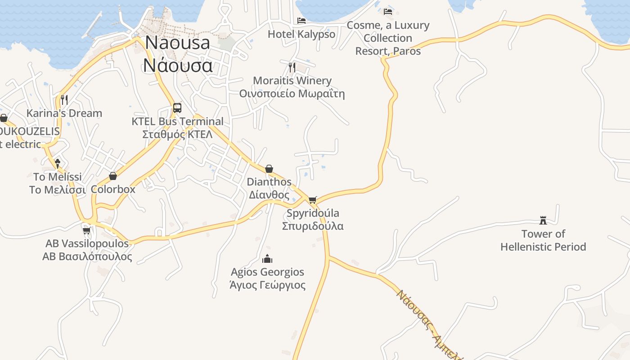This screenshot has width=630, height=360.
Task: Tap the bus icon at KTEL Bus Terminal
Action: [x=177, y=108]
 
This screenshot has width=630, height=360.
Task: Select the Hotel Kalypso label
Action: [x=301, y=34]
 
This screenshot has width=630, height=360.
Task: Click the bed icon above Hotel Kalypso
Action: [x=301, y=20]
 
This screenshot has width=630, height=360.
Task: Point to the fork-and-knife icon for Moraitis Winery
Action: [x=292, y=67]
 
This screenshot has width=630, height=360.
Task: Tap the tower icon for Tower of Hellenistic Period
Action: [x=543, y=220]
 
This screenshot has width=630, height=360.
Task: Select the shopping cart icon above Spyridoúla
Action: [x=313, y=200]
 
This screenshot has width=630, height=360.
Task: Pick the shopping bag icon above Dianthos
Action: [x=269, y=169]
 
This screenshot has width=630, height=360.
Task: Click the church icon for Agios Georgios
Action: [x=267, y=259]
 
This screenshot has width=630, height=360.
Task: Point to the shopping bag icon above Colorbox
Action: [x=113, y=176]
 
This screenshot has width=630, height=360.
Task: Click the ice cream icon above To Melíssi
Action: [x=58, y=163]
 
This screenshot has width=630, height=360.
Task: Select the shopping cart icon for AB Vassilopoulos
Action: [x=87, y=230]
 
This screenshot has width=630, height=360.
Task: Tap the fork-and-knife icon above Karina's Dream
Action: [x=64, y=99]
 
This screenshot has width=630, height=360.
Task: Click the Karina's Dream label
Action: [x=64, y=113]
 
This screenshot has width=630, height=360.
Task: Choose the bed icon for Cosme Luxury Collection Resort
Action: [x=388, y=11]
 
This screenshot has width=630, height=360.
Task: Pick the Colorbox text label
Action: [x=113, y=189]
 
